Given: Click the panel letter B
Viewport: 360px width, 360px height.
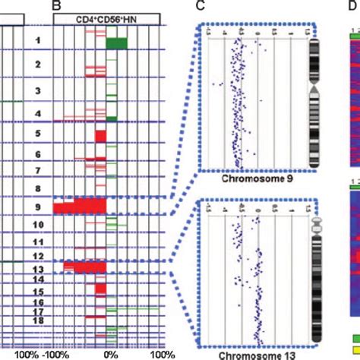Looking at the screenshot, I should click(55, 6).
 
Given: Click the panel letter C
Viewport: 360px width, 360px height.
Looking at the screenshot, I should click(199, 6).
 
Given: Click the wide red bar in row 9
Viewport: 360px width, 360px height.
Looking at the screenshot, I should click(81, 207).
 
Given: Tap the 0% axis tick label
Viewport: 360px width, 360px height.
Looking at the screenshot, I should click(110, 353).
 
